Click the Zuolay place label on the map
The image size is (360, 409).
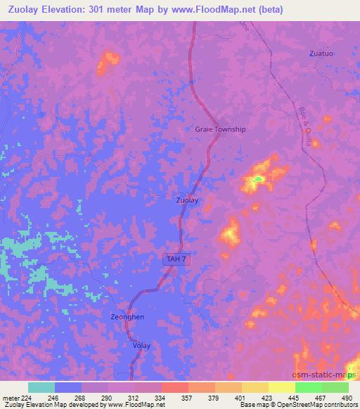click(x=187, y=200)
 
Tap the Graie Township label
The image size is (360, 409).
click(x=220, y=129)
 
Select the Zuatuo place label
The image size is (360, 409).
click(x=321, y=53)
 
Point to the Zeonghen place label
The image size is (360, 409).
click(x=127, y=317)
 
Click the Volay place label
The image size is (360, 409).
click(x=141, y=346)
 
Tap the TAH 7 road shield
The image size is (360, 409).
click(x=176, y=259)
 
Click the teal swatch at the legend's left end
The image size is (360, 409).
click(x=41, y=387)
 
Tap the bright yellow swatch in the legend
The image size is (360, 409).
click(x=281, y=387)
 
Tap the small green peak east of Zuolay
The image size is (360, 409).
click(x=258, y=179)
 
